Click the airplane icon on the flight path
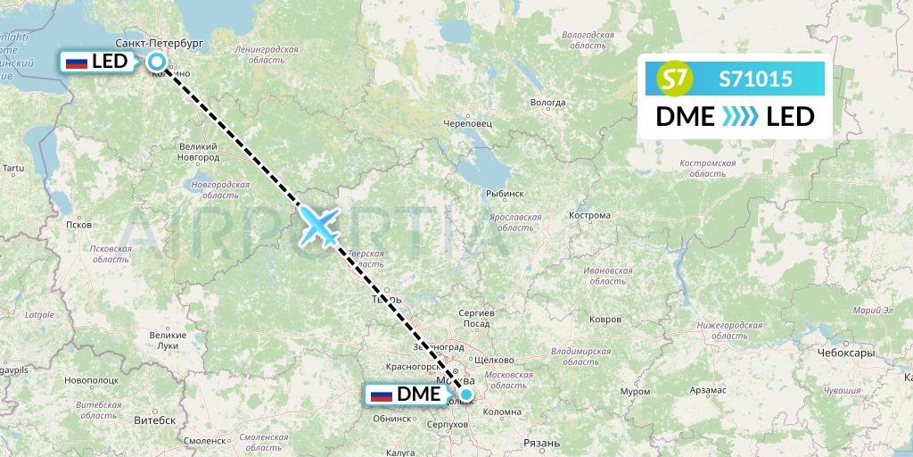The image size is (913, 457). [319, 225]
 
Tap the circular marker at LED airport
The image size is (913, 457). [157, 62]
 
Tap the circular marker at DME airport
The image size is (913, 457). [466, 395]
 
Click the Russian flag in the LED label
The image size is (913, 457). [77, 62]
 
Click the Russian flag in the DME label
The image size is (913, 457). [382, 395]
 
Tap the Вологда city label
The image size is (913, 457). [548, 103]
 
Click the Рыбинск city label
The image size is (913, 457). [505, 193]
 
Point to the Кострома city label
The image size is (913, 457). [588, 215]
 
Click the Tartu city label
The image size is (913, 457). [12, 168]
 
